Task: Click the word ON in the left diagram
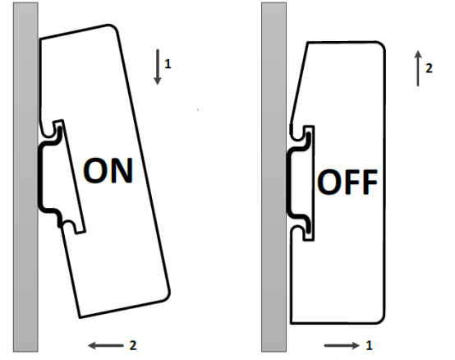tap(108, 170)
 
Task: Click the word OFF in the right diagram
tap(347, 182)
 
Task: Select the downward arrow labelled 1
tap(158, 67)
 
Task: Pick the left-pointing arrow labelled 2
tap(106, 345)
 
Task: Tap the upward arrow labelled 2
tap(418, 68)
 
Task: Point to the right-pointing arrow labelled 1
tap(342, 345)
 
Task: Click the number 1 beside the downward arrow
tap(168, 64)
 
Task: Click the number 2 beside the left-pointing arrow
tap(133, 345)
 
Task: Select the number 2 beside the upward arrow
tap(429, 68)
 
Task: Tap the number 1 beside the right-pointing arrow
tap(369, 345)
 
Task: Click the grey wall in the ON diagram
tap(25, 177)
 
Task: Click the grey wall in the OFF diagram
tap(274, 177)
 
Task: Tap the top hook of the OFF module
tap(302, 133)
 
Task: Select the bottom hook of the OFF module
tap(302, 233)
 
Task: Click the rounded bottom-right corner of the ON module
tap(165, 295)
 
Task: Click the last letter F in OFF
tap(370, 182)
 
